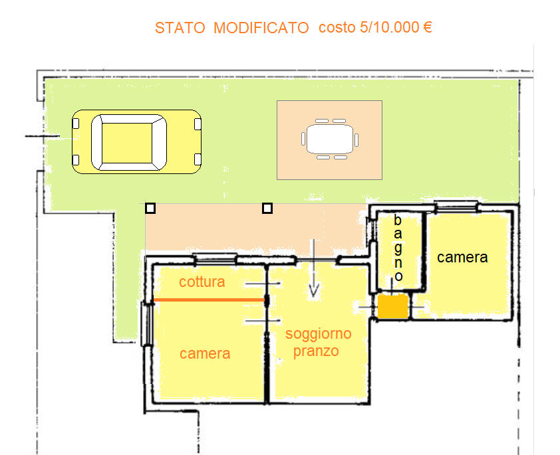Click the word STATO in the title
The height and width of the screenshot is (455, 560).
180,28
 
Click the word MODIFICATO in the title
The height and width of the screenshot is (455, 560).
261,28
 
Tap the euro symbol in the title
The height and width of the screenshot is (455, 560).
427,27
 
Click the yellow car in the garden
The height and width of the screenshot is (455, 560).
137,142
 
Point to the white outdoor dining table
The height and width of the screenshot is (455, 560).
330,139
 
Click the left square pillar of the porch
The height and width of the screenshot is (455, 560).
150,208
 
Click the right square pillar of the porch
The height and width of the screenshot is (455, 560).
267,208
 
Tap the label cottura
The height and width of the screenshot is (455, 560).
202,282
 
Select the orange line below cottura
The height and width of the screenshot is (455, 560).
209,300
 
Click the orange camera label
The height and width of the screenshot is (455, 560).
205,354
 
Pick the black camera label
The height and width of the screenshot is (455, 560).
462,258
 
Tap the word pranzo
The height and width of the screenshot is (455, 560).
316,351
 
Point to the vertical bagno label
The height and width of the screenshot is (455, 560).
398,248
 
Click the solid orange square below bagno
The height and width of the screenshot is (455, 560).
393,306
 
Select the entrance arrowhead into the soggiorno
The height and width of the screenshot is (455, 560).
313,291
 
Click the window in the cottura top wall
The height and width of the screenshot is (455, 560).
215,258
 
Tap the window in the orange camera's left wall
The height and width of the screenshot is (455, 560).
146,323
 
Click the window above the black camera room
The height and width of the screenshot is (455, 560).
456,207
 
